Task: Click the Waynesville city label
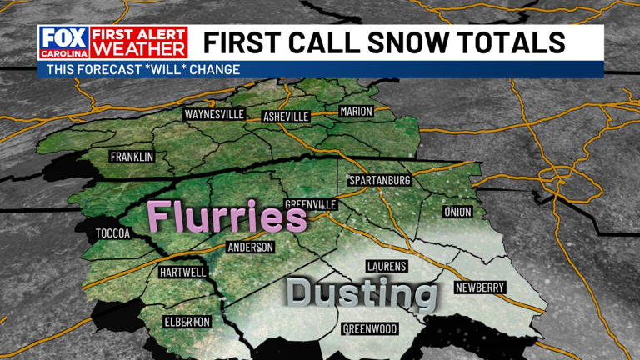pyautogui.click(x=214, y=114)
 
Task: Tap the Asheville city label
pyautogui.click(x=286, y=117)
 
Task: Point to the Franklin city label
pyautogui.click(x=132, y=157)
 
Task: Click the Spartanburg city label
pyautogui.click(x=380, y=180)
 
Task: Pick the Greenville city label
pyautogui.click(x=311, y=204)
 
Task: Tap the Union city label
pyautogui.click(x=457, y=212)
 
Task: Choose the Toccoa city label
pyautogui.click(x=113, y=233)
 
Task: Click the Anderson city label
pyautogui.click(x=251, y=247)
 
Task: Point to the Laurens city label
pyautogui.click(x=387, y=266)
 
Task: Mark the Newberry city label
pyautogui.click(x=480, y=287)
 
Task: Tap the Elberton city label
pyautogui.click(x=186, y=322)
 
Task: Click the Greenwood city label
pyautogui.click(x=370, y=328)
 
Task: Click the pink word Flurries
pyautogui.click(x=227, y=217)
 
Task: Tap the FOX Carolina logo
pyautogui.click(x=62, y=42)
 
